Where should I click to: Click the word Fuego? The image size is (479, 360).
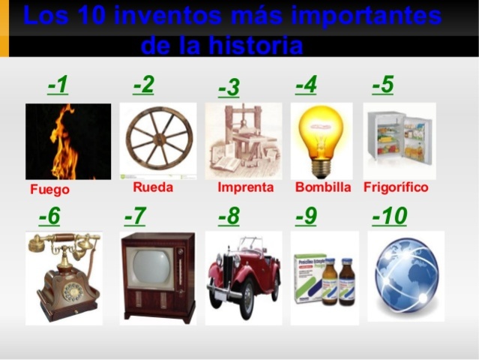point(49,190)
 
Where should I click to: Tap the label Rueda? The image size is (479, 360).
point(153,187)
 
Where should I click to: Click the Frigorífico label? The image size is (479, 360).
point(396,187)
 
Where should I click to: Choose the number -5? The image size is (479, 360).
point(382,85)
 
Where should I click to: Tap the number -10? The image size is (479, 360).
point(389,217)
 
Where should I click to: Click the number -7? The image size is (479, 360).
point(135,217)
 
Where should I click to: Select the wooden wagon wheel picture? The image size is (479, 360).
point(158,140)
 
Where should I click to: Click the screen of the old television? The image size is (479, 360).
point(151,267)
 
